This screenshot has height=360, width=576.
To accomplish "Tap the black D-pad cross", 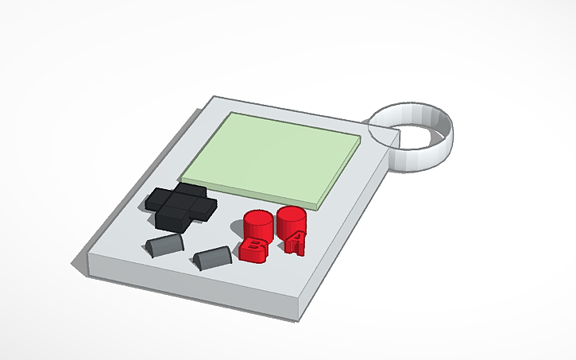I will point(180,204).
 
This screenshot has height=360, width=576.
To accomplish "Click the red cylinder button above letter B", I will point(257,223).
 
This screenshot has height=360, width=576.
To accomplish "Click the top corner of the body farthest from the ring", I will point(216,98).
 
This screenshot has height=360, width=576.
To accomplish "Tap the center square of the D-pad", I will point(180,203).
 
